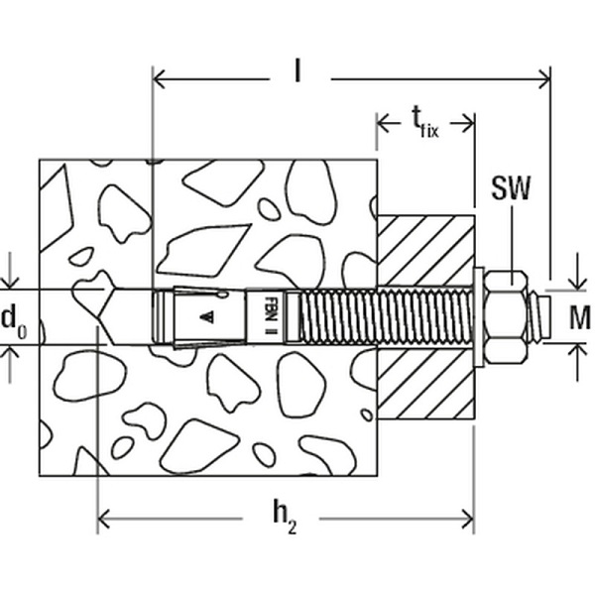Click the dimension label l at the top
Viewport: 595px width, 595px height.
pos(297,71)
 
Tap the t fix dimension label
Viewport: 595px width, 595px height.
pos(425,122)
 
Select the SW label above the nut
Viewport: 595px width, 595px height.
pos(511,188)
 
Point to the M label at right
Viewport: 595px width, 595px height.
pos(580,317)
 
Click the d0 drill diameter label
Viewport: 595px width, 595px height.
pos(15,319)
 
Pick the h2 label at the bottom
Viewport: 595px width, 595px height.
pos(285,517)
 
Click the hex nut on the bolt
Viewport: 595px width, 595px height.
pos(507,317)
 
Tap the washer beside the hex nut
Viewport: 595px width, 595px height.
pos(479,317)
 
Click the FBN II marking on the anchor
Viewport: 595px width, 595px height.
pos(270,315)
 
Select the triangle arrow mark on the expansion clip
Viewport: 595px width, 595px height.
pos(207,317)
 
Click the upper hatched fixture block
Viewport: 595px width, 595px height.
pos(425,251)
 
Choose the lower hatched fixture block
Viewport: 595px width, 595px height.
pos(425,384)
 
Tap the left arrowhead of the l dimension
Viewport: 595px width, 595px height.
pos(159,79)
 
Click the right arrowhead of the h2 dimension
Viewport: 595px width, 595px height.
pos(467,519)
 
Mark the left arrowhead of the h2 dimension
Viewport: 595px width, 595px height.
pos(104,519)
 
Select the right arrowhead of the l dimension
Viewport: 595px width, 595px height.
pos(544,79)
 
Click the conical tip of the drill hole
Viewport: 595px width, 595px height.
pos(106,317)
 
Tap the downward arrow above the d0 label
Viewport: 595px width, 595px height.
pos(10,270)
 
